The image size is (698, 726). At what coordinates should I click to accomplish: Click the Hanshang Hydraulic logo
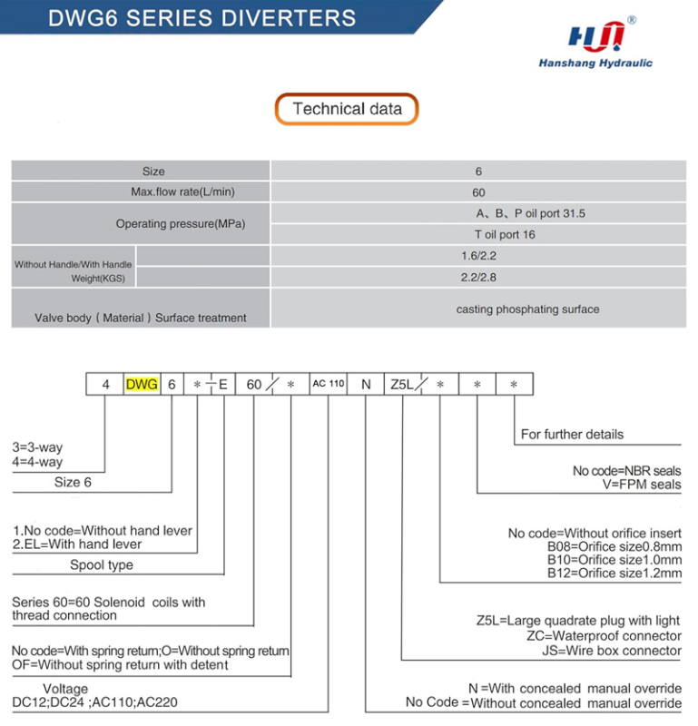pos(595,44)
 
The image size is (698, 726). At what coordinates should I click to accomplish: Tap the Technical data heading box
pos(347,110)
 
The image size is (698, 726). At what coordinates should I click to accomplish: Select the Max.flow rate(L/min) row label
pos(188,191)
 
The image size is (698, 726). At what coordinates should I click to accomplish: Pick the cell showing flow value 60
pos(478,192)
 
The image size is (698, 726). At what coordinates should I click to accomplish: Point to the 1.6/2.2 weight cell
pos(478,257)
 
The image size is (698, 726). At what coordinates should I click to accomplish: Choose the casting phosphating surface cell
pos(527,309)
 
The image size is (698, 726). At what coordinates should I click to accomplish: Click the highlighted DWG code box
pos(141,384)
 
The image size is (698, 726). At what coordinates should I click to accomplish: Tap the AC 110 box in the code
pos(329,384)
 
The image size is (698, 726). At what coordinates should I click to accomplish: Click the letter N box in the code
pos(366,384)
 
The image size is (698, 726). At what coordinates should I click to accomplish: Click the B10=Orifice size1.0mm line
pos(614,560)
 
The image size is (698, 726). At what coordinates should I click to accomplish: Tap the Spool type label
pos(102,565)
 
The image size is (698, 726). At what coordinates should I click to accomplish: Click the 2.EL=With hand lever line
pos(77,544)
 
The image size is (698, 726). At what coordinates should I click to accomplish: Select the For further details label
pos(572,434)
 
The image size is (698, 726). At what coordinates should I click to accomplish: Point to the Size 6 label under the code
pos(73,483)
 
